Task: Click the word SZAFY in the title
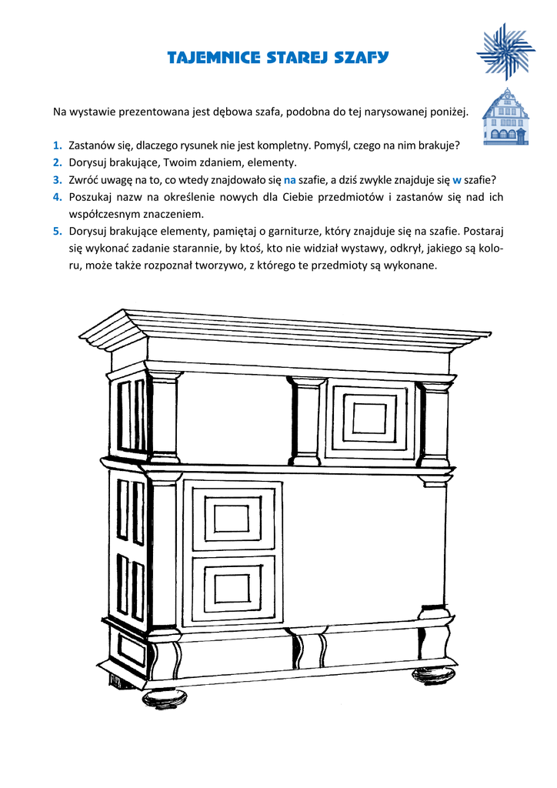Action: pyautogui.click(x=362, y=57)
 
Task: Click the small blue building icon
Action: pyautogui.click(x=505, y=117)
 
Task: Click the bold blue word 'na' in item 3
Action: pyautogui.click(x=290, y=179)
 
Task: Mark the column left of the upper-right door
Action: pyautogui.click(x=307, y=421)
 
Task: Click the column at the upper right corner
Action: pyautogui.click(x=435, y=423)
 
